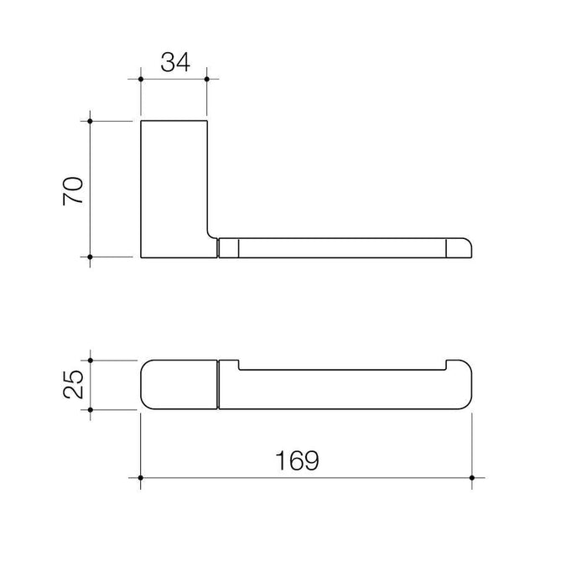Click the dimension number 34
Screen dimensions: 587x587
(x=175, y=62)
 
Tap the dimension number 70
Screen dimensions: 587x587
(x=73, y=191)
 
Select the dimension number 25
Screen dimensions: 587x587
(x=73, y=384)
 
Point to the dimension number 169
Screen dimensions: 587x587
(x=297, y=460)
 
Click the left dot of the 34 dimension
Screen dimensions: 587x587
(x=141, y=79)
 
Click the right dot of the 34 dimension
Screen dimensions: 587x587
(x=207, y=79)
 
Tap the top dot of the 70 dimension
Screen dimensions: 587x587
(x=90, y=121)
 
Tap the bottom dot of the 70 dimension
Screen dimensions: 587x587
(x=90, y=257)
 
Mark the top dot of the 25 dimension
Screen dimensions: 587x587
(x=91, y=360)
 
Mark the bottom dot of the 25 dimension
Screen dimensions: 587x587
(x=91, y=410)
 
